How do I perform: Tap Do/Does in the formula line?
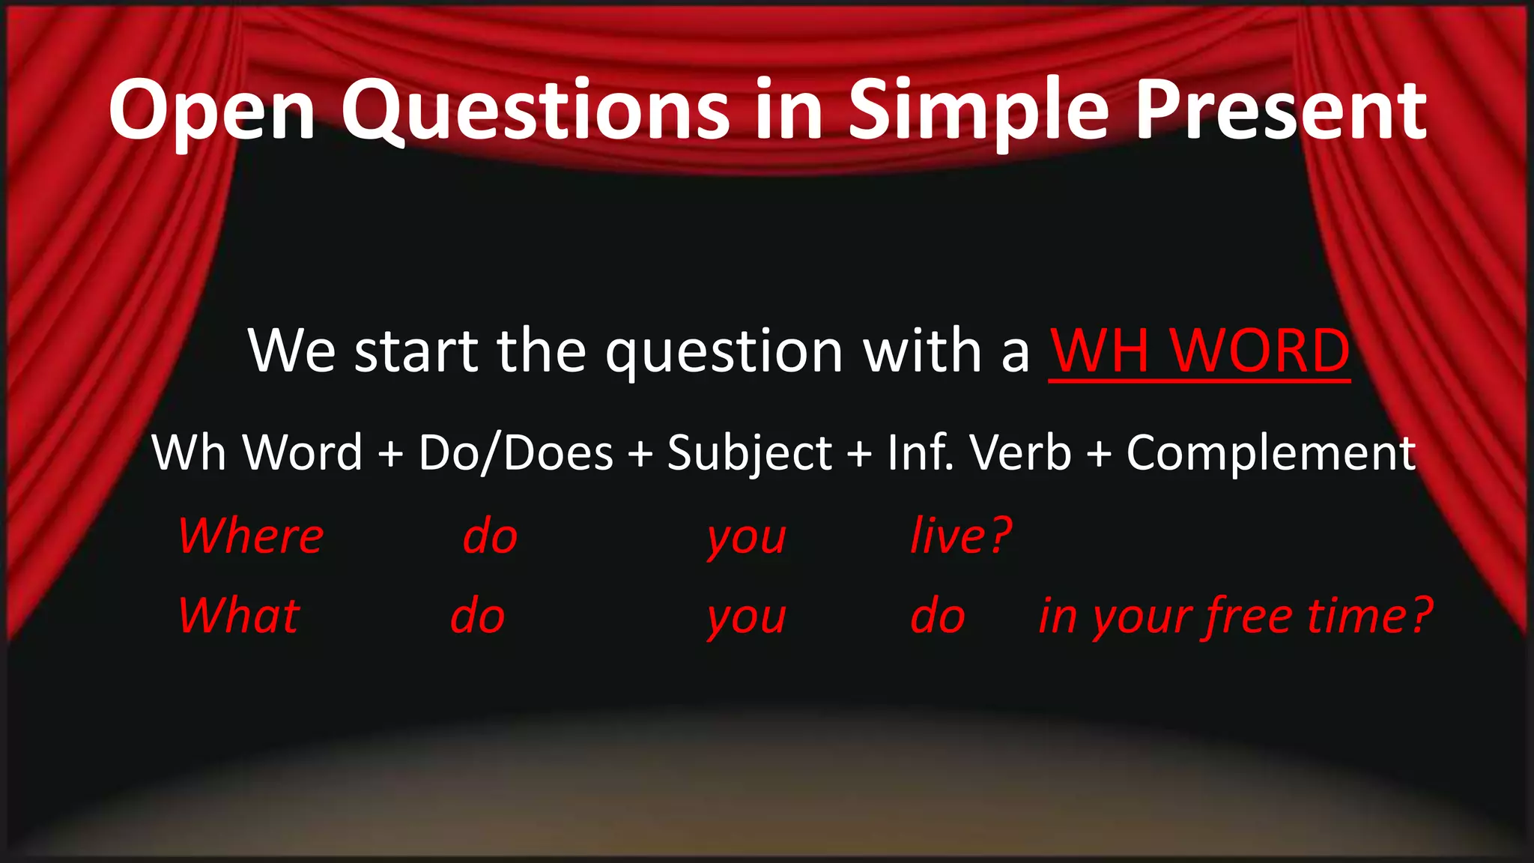516,452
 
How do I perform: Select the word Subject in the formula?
749,454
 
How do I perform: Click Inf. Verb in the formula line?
979,452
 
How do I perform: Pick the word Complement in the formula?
1270,454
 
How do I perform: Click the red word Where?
251,536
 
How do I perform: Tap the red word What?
239,616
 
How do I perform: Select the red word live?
961,536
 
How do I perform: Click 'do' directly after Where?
490,536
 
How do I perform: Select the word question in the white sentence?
724,352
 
